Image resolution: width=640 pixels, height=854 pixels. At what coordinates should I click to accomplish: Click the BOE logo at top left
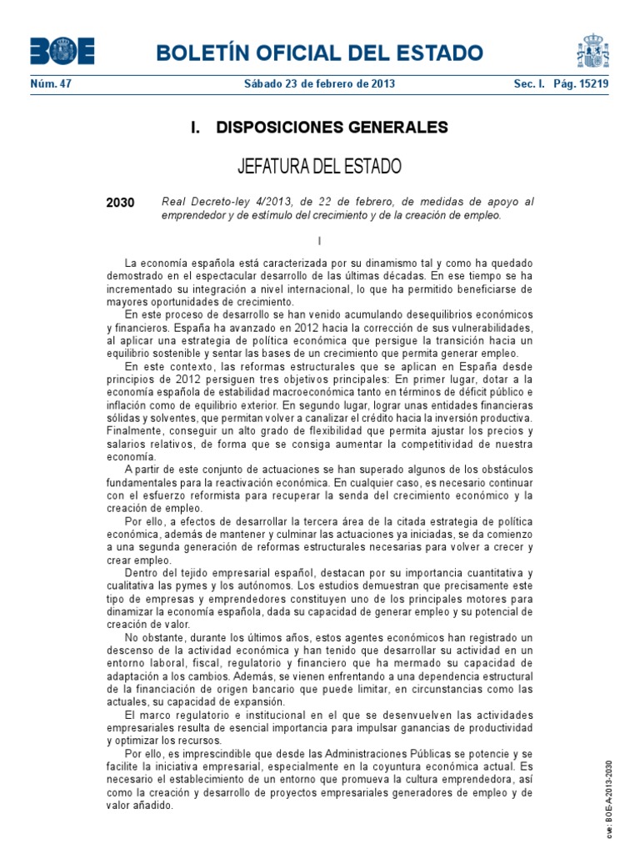(62, 51)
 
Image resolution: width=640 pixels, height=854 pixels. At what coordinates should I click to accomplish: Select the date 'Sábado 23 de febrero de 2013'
(319, 84)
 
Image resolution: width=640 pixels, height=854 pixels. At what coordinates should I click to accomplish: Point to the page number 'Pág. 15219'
(581, 84)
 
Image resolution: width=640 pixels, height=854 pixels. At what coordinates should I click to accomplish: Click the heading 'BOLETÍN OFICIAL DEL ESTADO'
(319, 54)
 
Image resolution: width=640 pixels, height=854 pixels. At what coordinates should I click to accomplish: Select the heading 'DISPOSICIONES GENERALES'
(332, 128)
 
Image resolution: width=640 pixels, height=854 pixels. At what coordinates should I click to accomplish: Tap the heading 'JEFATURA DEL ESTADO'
(319, 166)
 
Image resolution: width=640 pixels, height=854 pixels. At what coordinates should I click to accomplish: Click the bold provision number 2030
(121, 203)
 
